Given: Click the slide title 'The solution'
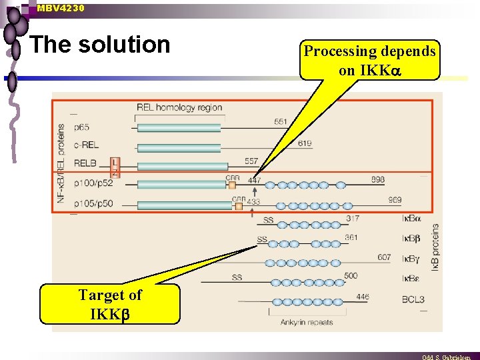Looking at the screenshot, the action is pos(100,45).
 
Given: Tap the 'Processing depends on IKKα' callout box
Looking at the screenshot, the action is pos(370,60).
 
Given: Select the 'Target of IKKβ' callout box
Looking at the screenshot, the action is pos(110,304).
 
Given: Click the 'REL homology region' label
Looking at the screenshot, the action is pos(179,107).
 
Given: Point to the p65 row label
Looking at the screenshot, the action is pos(82,127).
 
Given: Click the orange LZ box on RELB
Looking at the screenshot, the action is pos(115,167).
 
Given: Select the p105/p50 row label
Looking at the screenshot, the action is pos(93,204).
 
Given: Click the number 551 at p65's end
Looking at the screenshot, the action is pos(281,121).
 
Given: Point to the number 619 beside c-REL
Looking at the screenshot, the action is pos(305,144).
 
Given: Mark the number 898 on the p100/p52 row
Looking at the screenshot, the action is pos(377,180).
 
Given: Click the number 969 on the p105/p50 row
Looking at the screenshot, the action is pos(395,200).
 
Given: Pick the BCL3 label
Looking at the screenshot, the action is pos(413,299).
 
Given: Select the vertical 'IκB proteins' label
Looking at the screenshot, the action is pos(435,247).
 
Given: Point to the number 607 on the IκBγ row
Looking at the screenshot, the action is pos(384,257).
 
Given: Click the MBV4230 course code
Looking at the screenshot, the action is pos(61,8).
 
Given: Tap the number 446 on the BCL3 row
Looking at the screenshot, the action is pos(362,297).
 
